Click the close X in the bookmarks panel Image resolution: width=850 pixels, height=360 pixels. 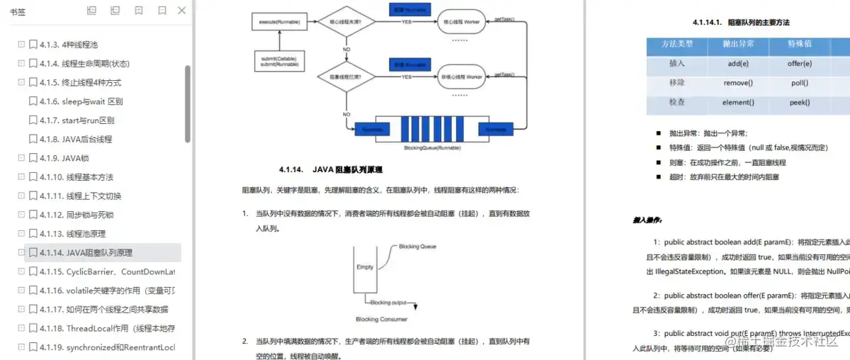182,11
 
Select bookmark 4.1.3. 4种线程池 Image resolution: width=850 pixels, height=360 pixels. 78,45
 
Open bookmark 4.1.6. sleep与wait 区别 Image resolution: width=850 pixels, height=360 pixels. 91,101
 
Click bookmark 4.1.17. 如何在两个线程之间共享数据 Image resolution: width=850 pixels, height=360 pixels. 117,309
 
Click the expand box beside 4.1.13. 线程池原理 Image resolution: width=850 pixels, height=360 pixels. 21,234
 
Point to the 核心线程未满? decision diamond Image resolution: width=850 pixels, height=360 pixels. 346,23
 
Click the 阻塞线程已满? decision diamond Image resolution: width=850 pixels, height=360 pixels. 346,77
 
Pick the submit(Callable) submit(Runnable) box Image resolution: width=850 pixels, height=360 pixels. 279,62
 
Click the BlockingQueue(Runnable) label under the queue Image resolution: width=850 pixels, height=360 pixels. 432,148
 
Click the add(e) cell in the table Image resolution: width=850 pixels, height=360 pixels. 738,63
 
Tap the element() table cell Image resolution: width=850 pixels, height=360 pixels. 738,103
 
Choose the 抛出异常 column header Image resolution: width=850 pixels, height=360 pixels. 738,44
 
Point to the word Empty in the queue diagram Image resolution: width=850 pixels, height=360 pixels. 365,267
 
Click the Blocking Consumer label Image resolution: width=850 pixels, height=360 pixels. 382,320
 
